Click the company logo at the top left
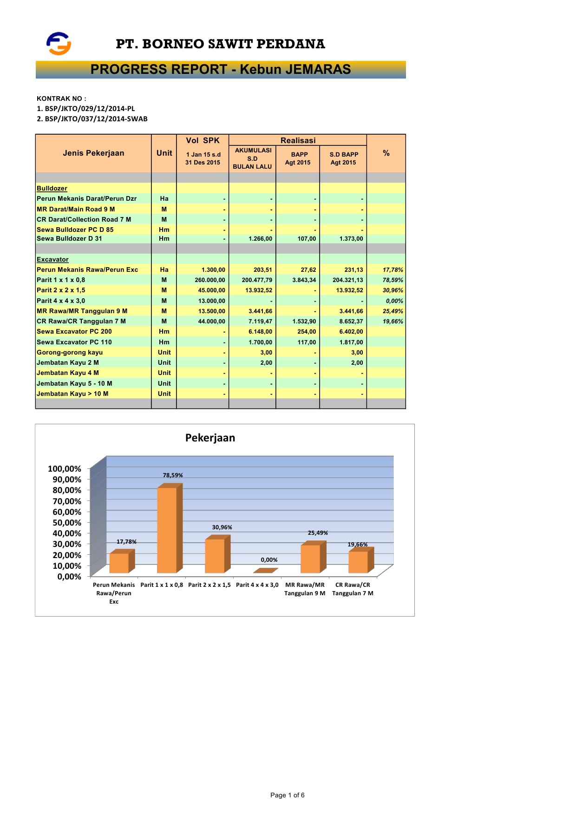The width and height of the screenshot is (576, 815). (59, 44)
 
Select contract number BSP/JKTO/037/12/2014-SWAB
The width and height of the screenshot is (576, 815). (92, 119)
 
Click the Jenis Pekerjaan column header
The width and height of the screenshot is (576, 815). (93, 153)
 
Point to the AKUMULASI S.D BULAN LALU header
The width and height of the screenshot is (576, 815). (252, 158)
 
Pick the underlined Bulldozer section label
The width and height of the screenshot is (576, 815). (52, 188)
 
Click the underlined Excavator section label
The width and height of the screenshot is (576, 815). (52, 259)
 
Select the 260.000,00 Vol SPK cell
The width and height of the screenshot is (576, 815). (209, 280)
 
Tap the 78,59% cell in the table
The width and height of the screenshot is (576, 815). (393, 280)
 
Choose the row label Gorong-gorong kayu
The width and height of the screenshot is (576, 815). (70, 352)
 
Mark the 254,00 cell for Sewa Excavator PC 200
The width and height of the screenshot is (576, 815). (307, 331)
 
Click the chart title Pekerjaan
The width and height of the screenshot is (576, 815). (210, 438)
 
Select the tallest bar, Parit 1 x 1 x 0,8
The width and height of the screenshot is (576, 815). (167, 530)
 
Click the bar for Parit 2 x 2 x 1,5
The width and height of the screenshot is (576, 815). (215, 555)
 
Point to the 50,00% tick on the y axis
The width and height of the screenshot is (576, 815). (67, 523)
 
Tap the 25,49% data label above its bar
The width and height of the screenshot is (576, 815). (318, 533)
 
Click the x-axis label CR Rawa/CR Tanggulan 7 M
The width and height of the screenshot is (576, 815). (353, 589)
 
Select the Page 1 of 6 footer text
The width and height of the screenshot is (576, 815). (288, 795)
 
